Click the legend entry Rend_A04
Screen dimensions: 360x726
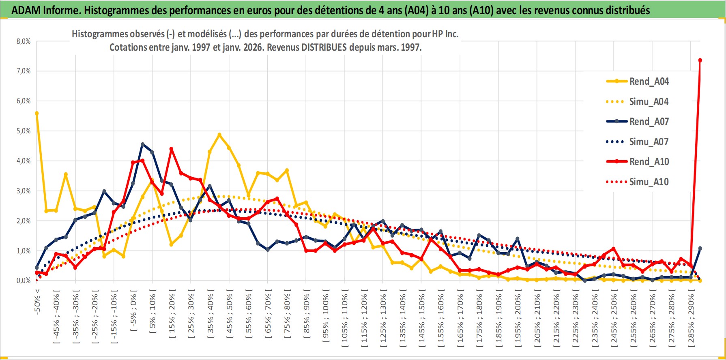pos(649,81)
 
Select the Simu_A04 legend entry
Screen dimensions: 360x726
pos(649,102)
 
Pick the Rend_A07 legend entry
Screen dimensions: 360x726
pos(649,122)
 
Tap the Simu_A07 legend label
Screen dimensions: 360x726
pos(649,142)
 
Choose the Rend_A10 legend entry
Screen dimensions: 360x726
pos(649,162)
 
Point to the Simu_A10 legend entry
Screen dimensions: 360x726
pos(649,182)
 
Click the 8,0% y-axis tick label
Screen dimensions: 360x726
pos(24,41)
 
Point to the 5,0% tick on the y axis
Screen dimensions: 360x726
pos(24,131)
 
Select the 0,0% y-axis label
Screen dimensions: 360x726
pos(24,281)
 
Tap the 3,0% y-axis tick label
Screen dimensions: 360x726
pos(24,191)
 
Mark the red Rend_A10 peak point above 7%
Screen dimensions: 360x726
pos(700,60)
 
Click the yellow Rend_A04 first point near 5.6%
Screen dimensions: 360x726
pos(37,114)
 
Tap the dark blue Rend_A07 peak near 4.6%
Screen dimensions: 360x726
pos(142,144)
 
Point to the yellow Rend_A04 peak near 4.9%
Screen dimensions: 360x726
pos(219,135)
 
